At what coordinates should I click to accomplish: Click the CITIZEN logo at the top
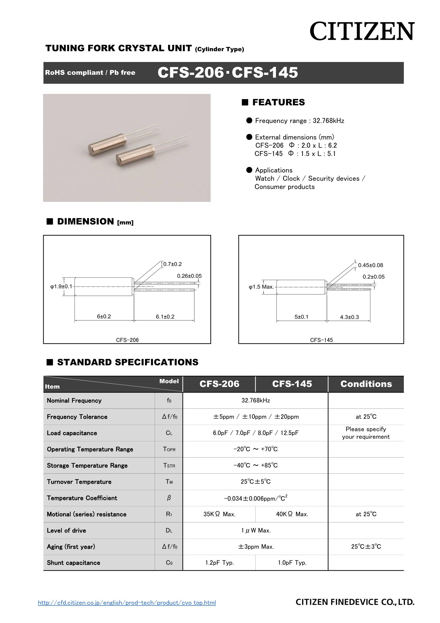pyautogui.click(x=362, y=31)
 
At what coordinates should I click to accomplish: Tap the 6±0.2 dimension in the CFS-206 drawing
pyautogui.click(x=104, y=316)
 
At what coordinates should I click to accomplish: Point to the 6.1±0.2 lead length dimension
pyautogui.click(x=165, y=317)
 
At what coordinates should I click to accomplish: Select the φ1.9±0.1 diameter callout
pyautogui.click(x=61, y=287)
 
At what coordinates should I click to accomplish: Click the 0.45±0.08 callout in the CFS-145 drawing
pyautogui.click(x=371, y=265)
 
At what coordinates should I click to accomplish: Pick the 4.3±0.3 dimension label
pyautogui.click(x=349, y=317)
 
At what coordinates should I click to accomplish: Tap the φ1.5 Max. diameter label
pyautogui.click(x=261, y=287)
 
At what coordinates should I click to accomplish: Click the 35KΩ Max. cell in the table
pyautogui.click(x=219, y=514)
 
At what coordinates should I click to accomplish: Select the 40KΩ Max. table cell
pyautogui.click(x=292, y=514)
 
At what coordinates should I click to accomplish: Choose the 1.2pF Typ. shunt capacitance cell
pyautogui.click(x=219, y=563)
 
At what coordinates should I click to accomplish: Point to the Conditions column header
pyautogui.click(x=366, y=384)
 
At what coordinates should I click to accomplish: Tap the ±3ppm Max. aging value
pyautogui.click(x=256, y=547)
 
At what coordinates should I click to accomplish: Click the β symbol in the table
pyautogui.click(x=169, y=498)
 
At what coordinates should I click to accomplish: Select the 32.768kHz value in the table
pyautogui.click(x=256, y=400)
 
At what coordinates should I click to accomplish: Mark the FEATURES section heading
pyautogui.click(x=278, y=102)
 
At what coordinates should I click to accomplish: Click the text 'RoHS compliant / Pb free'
pyautogui.click(x=90, y=73)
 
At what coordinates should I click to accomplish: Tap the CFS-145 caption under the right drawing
pyautogui.click(x=321, y=340)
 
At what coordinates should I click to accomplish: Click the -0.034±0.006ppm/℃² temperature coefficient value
pyautogui.click(x=256, y=498)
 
